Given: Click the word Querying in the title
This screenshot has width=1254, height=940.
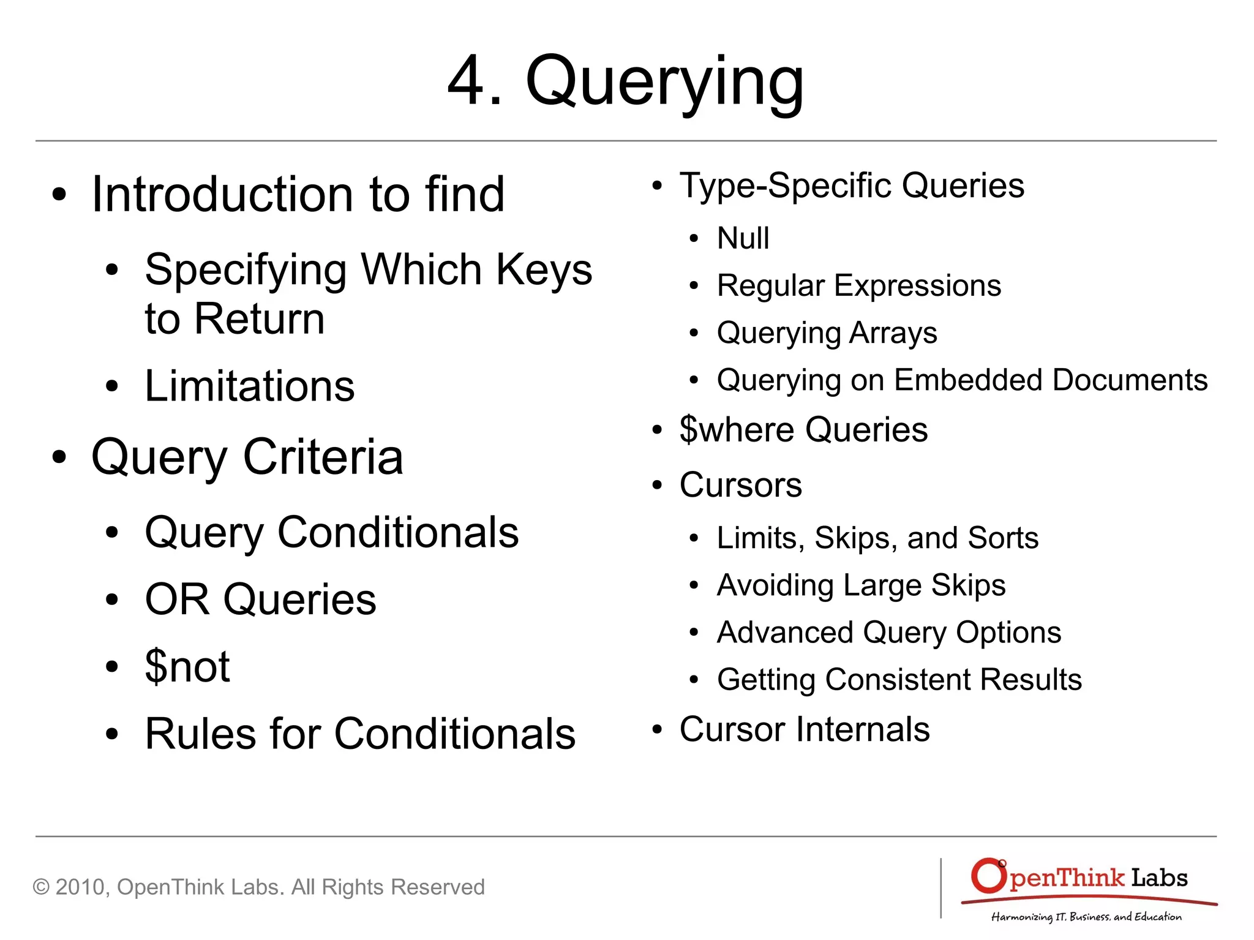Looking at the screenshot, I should [x=664, y=83].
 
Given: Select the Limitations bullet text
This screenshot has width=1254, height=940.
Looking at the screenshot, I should [x=249, y=386].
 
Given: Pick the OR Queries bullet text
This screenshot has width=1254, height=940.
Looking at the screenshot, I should [x=260, y=600].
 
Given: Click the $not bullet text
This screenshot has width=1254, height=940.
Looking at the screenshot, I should [x=187, y=666].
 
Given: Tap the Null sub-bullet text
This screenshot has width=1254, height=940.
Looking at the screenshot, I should [x=743, y=238].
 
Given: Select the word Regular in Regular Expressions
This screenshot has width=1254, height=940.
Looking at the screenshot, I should [x=770, y=286].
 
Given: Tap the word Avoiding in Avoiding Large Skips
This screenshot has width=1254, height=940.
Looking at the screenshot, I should [x=775, y=585].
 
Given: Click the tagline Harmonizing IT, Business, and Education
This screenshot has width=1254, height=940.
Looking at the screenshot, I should [x=1086, y=917].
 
